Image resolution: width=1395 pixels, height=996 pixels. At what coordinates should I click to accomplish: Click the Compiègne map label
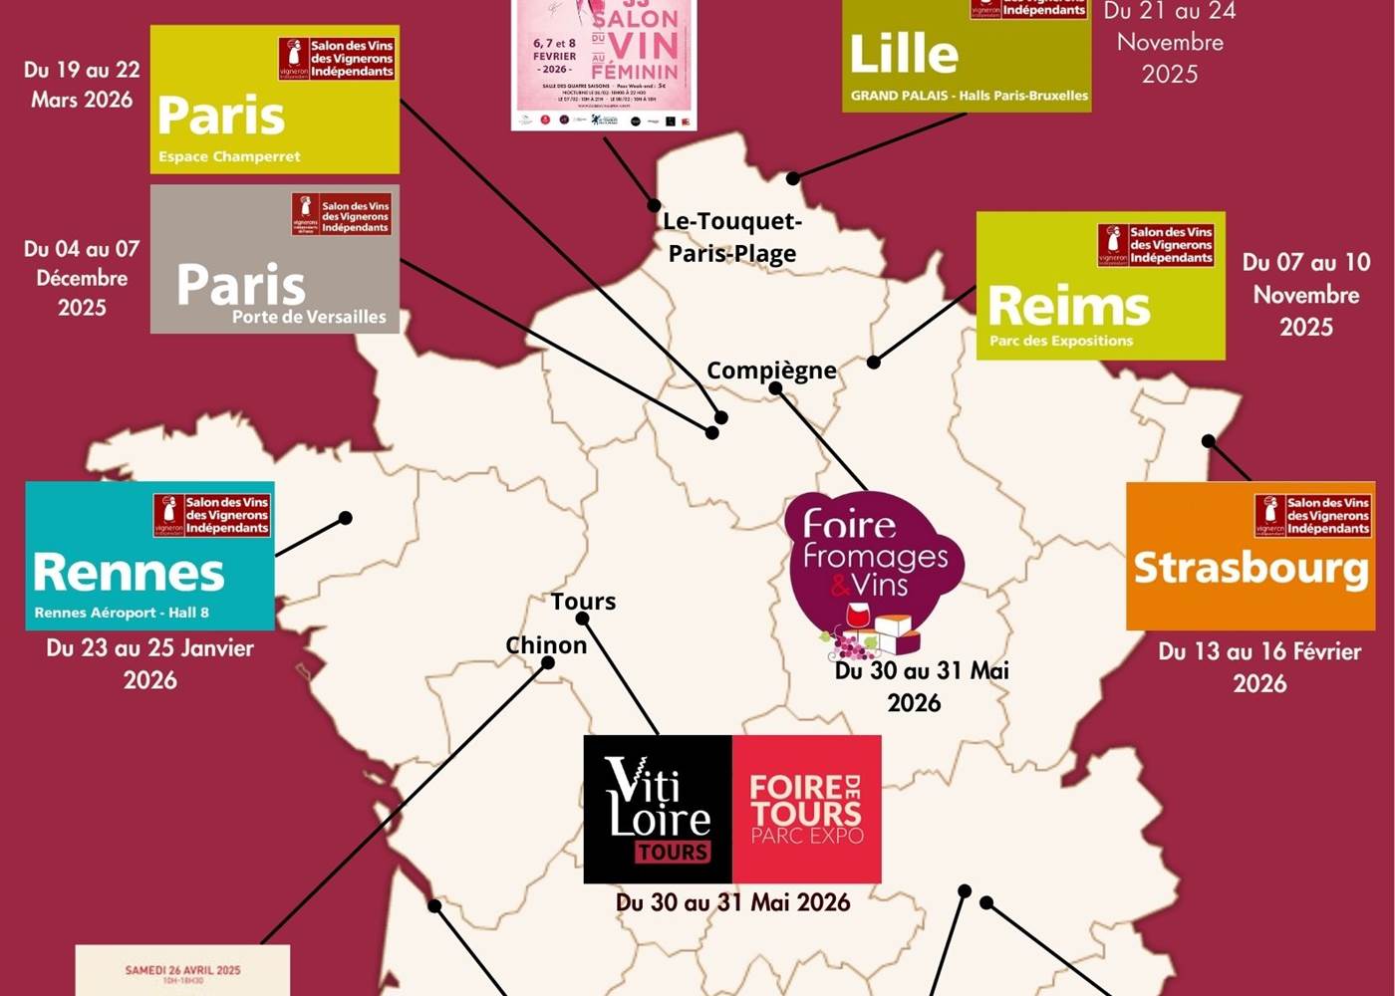tap(771, 371)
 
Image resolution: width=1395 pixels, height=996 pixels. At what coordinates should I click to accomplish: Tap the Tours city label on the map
tap(583, 602)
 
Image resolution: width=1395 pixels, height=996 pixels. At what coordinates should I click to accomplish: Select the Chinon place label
tap(546, 645)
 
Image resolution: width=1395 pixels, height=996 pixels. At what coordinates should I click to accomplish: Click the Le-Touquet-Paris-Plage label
tap(732, 237)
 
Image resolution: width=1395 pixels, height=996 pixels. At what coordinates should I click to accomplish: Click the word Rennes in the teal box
tap(130, 573)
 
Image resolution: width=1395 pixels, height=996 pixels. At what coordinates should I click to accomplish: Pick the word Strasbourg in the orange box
tap(1251, 568)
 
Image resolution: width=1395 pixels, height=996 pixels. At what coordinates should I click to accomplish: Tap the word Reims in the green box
tap(1068, 306)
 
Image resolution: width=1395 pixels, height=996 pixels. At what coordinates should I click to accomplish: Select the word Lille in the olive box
tap(904, 54)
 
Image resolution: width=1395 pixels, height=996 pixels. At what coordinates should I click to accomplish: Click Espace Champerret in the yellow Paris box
tap(229, 156)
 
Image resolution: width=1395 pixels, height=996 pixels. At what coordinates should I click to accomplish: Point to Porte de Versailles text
tap(309, 317)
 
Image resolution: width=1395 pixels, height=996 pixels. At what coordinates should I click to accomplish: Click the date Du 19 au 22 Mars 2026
tap(82, 85)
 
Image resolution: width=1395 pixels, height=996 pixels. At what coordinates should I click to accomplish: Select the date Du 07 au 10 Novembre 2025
tap(1305, 294)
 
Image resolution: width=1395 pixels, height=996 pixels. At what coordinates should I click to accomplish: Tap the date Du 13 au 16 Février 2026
tap(1259, 667)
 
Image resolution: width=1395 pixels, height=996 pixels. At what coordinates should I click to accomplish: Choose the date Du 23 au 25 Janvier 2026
tap(149, 663)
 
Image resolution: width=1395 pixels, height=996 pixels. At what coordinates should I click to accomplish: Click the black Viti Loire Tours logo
tap(658, 809)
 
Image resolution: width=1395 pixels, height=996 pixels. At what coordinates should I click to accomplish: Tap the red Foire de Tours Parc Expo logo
tap(806, 809)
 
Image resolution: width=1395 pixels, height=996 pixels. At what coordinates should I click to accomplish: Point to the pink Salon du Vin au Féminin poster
tap(604, 65)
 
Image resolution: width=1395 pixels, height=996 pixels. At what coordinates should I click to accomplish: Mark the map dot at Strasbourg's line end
tap(1209, 440)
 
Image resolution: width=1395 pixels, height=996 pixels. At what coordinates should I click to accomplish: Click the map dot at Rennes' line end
tap(345, 518)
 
